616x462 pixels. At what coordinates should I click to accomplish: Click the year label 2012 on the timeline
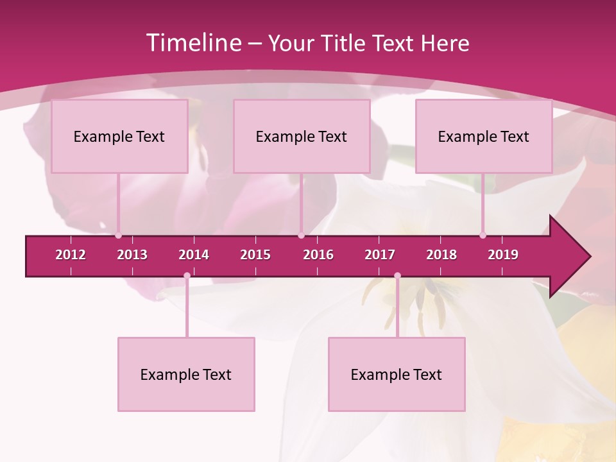click(71, 255)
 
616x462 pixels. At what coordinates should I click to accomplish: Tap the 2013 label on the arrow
click(132, 255)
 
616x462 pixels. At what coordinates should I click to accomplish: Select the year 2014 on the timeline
click(194, 255)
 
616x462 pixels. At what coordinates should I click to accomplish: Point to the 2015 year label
click(255, 255)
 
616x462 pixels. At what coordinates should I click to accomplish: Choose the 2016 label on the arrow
click(318, 255)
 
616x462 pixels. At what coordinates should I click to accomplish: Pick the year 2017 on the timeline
click(380, 255)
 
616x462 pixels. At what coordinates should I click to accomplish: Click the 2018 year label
click(441, 255)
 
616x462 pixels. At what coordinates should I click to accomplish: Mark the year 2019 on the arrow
click(503, 255)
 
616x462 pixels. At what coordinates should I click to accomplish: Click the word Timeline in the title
click(193, 43)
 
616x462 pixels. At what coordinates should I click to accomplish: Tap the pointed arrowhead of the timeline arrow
click(574, 257)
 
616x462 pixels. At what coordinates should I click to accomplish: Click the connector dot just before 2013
click(118, 235)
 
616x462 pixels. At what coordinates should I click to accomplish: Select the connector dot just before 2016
click(301, 235)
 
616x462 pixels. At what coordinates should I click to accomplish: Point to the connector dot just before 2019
click(483, 235)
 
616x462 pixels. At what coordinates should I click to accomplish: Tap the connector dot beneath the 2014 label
click(187, 276)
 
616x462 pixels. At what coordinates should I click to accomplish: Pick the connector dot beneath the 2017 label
click(397, 276)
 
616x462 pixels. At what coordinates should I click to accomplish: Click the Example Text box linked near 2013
click(119, 136)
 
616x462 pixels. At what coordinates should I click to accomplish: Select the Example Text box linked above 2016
click(302, 136)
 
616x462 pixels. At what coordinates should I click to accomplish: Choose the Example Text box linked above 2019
click(484, 136)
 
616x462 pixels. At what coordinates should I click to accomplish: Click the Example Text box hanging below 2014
click(186, 374)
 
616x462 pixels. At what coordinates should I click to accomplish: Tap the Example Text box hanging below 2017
click(397, 374)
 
